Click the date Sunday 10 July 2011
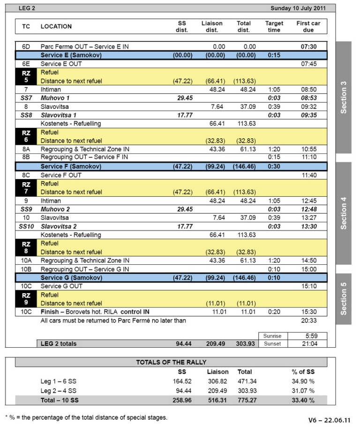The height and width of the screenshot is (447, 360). pos(303,8)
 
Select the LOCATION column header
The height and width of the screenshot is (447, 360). pos(56,27)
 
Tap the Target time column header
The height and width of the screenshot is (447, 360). pos(274,27)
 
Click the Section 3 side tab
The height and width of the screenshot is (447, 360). pos(344,97)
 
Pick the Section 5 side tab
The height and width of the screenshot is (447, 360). pos(344,299)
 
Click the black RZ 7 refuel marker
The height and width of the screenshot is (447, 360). pos(26,187)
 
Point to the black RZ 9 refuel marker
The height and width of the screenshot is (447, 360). pos(26,299)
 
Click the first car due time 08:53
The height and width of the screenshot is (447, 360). pos(309,98)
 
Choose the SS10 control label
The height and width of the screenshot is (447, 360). pos(26,226)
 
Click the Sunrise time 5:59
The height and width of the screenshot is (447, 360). pos(308,335)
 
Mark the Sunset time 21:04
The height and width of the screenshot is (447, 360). pos(308,344)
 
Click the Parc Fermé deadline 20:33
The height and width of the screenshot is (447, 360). pos(309,320)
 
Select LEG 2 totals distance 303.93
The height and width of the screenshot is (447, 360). pos(244,344)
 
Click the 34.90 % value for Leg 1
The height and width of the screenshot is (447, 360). pos(303,381)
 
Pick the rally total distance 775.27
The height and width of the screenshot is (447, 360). pos(247,400)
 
